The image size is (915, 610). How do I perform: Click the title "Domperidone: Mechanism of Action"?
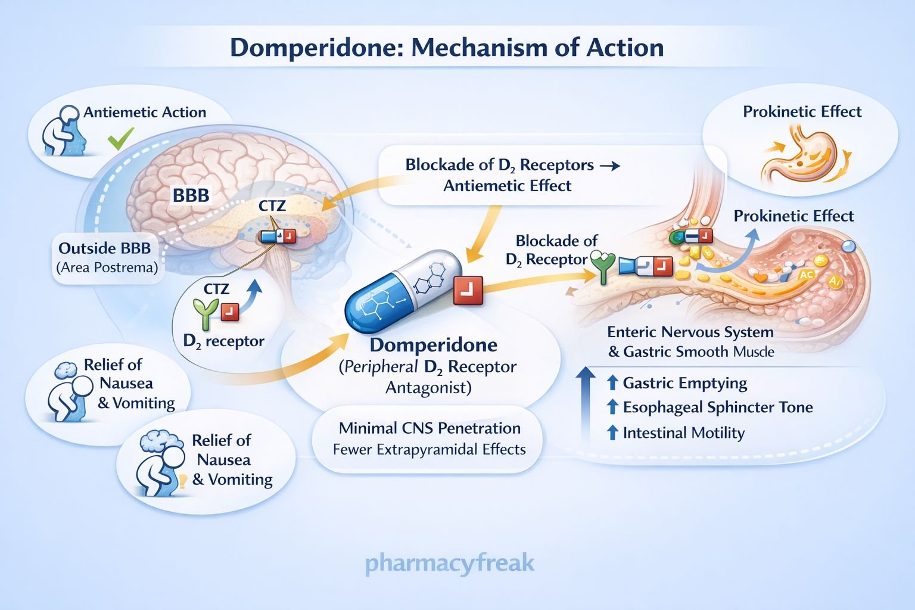point(447,48)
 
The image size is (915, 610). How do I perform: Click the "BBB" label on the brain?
point(191,195)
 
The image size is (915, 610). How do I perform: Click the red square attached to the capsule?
point(468,290)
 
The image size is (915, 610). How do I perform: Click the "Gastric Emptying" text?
point(684,383)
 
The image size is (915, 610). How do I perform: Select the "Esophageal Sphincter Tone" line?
point(717,407)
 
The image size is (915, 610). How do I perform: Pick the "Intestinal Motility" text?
point(683,433)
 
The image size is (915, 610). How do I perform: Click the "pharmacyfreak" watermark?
point(450,563)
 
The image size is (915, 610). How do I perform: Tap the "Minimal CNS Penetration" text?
point(430,428)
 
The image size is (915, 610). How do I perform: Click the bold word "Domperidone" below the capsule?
point(433,345)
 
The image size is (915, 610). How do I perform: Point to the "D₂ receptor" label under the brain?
point(223,341)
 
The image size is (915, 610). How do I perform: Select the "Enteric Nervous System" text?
point(690,332)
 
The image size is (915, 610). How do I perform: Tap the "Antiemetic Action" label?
point(145,113)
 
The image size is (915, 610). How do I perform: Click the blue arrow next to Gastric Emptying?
point(612,383)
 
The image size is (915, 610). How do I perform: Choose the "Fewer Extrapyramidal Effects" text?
point(429,450)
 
